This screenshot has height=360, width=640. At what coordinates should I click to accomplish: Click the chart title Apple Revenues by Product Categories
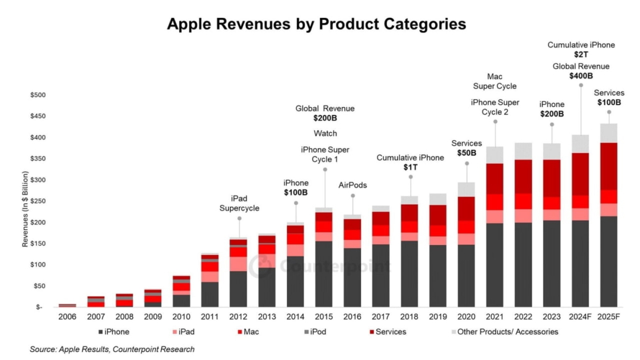click(316, 24)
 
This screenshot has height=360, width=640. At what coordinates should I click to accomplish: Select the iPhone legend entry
click(114, 332)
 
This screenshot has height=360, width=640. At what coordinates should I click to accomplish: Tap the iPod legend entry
click(316, 332)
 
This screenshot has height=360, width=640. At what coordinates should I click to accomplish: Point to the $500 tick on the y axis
click(38, 95)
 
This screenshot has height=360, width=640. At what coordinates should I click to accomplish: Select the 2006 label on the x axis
click(66, 318)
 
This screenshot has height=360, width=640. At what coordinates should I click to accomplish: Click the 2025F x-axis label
click(608, 318)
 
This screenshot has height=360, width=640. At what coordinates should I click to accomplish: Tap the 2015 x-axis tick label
click(324, 318)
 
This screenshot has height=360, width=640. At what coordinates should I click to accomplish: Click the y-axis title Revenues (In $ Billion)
click(25, 201)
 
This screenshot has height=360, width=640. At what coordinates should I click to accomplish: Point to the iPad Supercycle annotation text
click(239, 203)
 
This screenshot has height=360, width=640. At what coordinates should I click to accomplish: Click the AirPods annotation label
click(352, 185)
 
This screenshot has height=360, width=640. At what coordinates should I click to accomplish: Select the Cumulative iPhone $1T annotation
click(410, 163)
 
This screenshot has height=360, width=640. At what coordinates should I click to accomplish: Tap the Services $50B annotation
click(467, 148)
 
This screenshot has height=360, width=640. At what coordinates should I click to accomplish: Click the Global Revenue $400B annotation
click(581, 72)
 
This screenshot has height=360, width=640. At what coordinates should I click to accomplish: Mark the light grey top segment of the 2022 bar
click(524, 150)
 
